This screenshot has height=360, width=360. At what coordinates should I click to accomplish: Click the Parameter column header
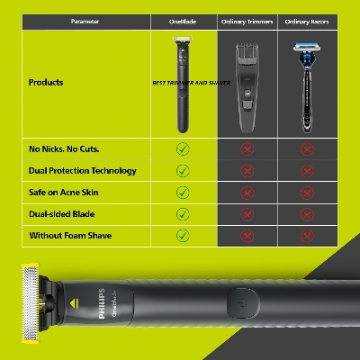tap(76, 19)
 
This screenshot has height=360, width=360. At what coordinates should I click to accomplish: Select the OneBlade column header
tap(183, 19)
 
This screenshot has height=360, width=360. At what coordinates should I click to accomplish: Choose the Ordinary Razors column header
tap(306, 19)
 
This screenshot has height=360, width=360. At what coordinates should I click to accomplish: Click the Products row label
tap(47, 82)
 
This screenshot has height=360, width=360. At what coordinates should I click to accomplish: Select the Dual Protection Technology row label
tap(83, 170)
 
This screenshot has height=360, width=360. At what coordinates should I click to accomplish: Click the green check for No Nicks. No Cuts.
tap(183, 148)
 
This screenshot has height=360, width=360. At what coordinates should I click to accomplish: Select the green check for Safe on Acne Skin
tap(183, 192)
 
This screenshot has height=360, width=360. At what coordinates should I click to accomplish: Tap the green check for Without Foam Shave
tap(183, 235)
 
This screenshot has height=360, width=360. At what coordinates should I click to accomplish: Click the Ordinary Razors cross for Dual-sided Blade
tap(306, 213)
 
